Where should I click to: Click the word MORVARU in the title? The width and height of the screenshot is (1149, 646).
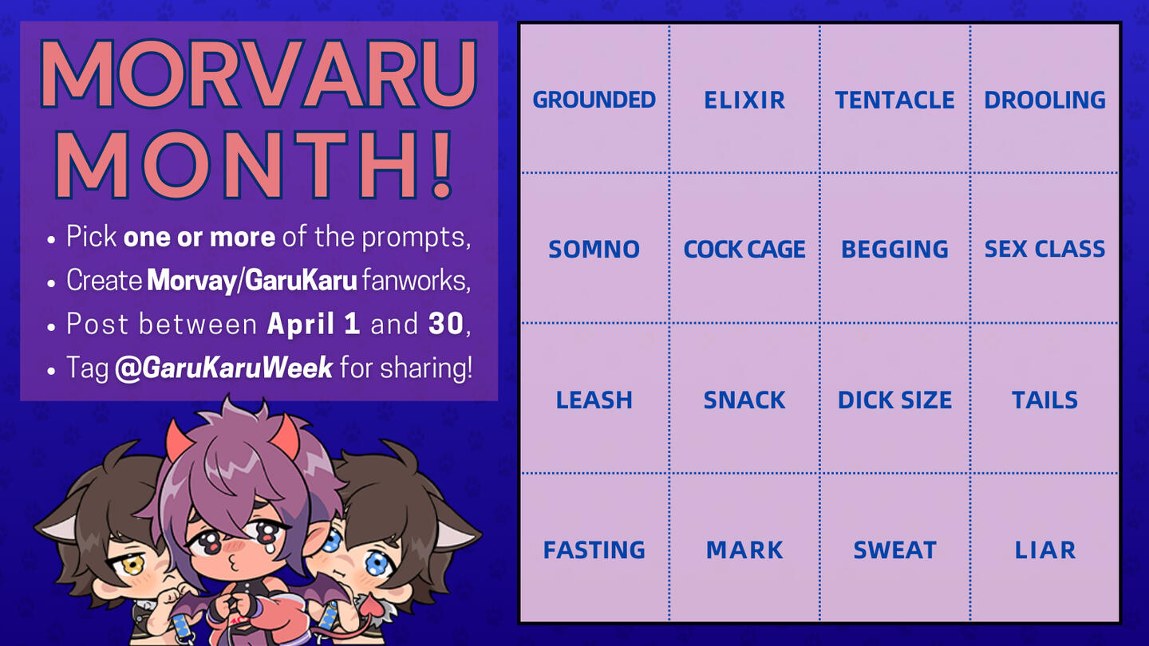(259, 73)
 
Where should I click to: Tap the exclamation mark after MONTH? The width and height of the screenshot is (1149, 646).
(442, 164)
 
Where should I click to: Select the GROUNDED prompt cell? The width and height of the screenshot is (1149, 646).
(594, 100)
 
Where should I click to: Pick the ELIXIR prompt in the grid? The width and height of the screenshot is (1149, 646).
(744, 100)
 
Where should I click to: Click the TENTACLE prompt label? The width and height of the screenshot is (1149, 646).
(894, 100)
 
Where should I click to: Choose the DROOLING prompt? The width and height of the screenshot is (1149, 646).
(1045, 100)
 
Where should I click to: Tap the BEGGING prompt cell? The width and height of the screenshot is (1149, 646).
(894, 249)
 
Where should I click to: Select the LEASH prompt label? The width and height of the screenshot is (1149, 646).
(594, 400)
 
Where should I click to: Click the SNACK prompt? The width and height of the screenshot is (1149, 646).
(744, 400)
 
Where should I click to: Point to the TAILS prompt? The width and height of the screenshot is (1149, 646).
(1045, 400)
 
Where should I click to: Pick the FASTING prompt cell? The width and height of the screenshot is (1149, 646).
(594, 549)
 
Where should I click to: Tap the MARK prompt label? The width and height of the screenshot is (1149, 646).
(744, 549)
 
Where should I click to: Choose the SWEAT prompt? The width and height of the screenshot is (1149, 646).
(894, 549)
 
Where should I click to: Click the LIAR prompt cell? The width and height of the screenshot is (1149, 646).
(1045, 549)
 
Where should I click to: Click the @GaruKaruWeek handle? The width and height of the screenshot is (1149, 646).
(223, 368)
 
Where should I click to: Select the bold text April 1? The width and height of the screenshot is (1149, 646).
(314, 324)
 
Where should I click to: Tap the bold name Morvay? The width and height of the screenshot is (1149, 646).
(191, 281)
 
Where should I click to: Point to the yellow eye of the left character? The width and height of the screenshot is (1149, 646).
(132, 566)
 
